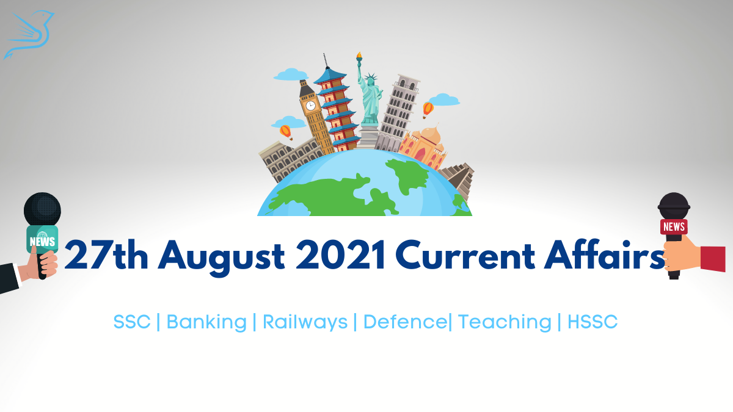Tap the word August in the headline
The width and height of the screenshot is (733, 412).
tap(221, 258)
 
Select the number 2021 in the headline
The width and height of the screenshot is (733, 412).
tap(340, 255)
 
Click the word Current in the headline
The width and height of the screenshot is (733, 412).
tap(465, 255)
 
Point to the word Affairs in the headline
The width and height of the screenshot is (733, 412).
tap(604, 255)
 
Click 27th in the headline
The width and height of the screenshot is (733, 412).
tap(106, 255)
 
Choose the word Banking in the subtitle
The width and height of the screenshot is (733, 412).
tap(206, 322)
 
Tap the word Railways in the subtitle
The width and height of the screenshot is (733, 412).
tap(305, 322)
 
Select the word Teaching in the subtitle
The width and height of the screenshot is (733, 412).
tap(505, 322)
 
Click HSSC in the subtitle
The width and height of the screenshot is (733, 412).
tap(593, 322)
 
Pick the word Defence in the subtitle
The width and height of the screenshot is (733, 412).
tap(406, 322)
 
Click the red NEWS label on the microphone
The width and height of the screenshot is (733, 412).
tap(674, 226)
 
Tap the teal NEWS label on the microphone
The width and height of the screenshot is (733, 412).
tap(42, 239)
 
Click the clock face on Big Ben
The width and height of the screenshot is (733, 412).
tap(310, 106)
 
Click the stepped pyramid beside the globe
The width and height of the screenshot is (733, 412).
tap(458, 180)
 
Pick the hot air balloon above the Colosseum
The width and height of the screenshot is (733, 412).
tap(286, 132)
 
